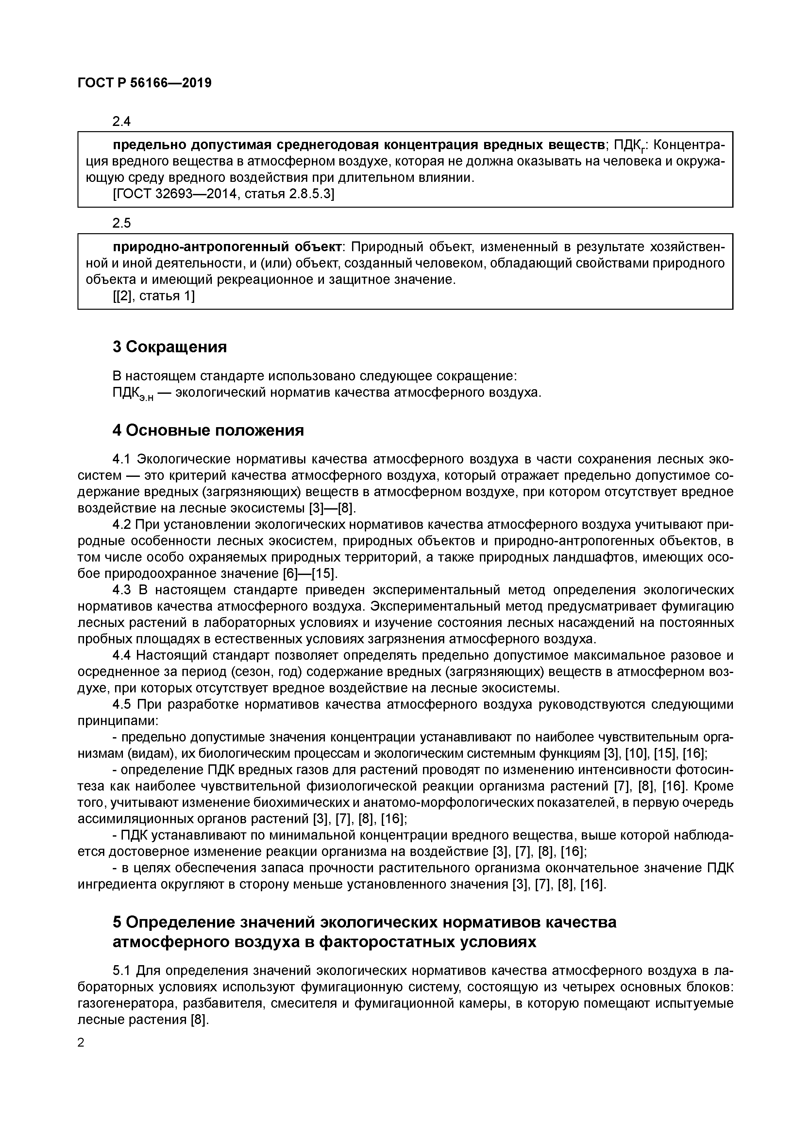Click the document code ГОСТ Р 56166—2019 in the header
pos(144,83)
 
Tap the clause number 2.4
pos(121,121)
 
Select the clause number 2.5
pos(121,223)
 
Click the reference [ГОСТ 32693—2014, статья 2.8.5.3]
pos(223,194)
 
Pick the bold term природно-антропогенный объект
pos(227,247)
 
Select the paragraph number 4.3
pos(121,590)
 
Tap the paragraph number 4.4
pos(121,655)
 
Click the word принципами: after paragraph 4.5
pos(118,721)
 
